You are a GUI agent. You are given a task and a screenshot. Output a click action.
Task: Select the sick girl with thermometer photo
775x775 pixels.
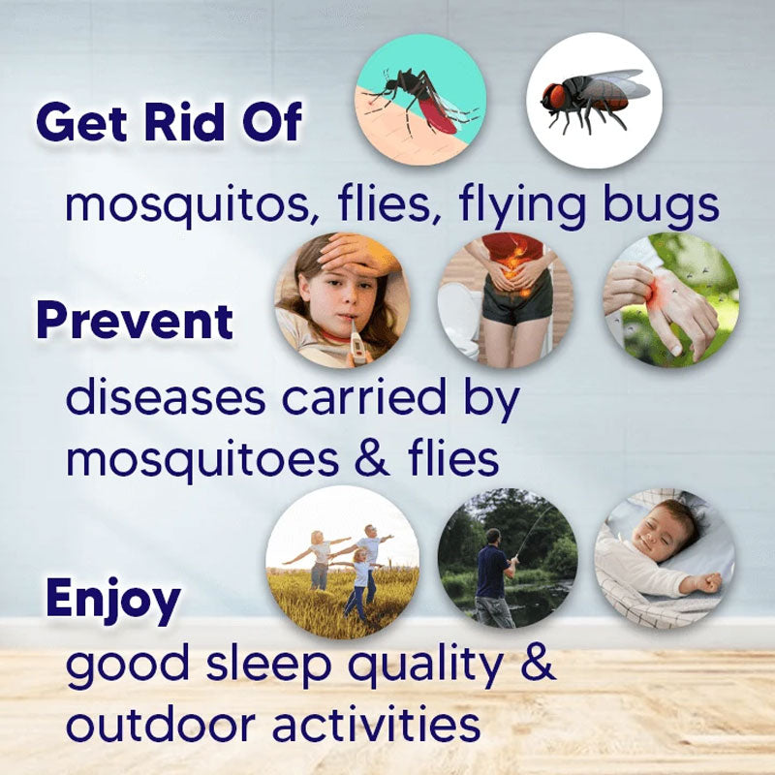pos(338,300)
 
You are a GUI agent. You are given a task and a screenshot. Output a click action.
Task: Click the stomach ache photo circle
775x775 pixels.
pos(505,300)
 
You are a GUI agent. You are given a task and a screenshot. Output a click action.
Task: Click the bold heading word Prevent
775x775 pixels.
pos(135,322)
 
